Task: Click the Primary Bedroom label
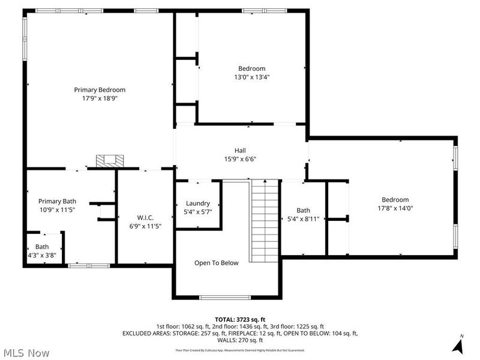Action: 100,89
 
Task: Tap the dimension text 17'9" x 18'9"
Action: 100,98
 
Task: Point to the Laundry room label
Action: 197,203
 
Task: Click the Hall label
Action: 240,151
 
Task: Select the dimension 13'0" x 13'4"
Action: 251,77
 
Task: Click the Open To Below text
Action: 216,263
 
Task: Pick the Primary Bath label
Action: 57,202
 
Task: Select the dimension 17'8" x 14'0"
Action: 395,208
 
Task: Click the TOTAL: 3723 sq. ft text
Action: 240,319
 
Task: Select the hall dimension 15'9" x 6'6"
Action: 240,159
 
